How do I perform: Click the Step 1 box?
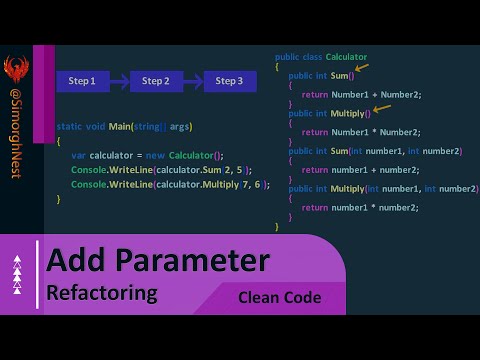[82, 80]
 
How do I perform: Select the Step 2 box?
[156, 80]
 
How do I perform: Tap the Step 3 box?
[229, 80]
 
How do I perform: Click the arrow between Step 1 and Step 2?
[119, 80]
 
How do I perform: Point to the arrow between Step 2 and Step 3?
[193, 80]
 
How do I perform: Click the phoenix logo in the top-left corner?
[15, 72]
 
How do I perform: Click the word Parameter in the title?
[186, 262]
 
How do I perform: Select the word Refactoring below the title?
[102, 293]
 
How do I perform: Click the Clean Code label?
[279, 297]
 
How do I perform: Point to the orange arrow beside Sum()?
[361, 68]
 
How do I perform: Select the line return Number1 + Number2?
[361, 95]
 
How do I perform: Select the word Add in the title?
[73, 262]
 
